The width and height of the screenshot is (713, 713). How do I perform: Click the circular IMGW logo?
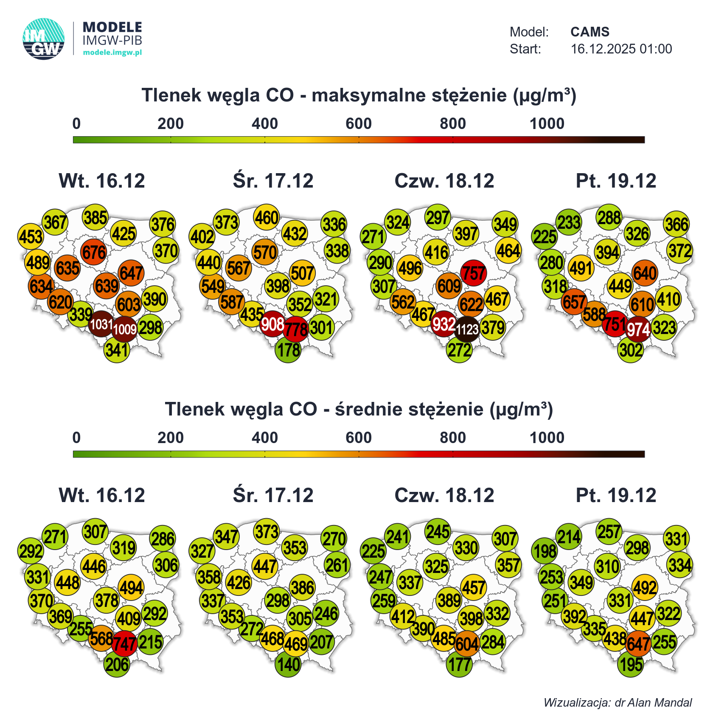click(x=44, y=39)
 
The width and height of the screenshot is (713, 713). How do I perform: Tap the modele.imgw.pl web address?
click(x=112, y=53)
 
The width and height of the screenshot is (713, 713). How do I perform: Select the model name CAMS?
click(x=589, y=32)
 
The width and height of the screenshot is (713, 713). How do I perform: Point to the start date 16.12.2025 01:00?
click(x=621, y=49)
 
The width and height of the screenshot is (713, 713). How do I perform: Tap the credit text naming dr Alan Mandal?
click(x=618, y=702)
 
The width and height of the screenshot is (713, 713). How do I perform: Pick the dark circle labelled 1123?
click(x=467, y=329)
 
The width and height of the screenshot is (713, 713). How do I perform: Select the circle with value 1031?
click(x=101, y=324)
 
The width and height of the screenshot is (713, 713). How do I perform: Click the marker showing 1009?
click(x=125, y=329)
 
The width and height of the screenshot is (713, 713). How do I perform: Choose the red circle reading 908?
click(x=272, y=324)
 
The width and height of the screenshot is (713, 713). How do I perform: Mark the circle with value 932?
click(x=444, y=324)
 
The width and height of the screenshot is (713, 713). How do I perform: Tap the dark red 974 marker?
click(x=638, y=329)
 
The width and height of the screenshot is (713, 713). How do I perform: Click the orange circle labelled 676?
click(x=94, y=253)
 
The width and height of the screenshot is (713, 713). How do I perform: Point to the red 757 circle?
click(x=473, y=273)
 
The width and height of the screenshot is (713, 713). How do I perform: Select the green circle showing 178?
click(x=288, y=350)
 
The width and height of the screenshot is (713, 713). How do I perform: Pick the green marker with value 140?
click(x=288, y=664)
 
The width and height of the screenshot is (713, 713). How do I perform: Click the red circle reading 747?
click(x=125, y=643)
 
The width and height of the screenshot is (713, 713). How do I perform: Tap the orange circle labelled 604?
click(x=467, y=643)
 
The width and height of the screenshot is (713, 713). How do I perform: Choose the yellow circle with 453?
click(x=31, y=236)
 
